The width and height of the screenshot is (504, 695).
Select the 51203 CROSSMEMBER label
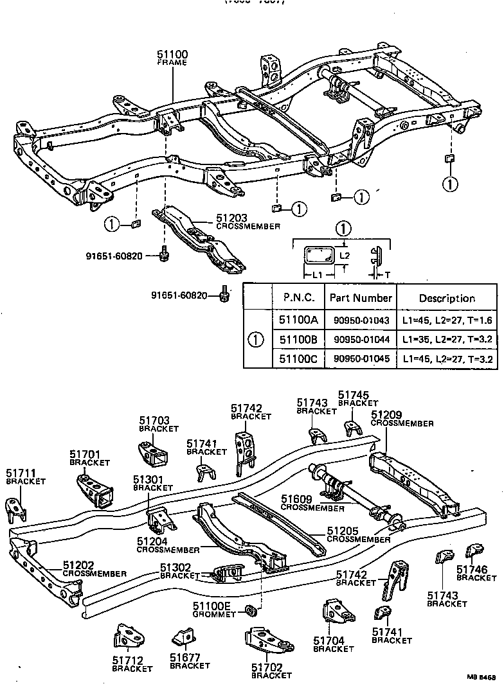[239, 222]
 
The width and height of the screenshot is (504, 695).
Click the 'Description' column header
[447, 298]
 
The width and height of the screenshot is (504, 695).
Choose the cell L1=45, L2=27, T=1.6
[447, 319]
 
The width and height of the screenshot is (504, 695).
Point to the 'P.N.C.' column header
[298, 298]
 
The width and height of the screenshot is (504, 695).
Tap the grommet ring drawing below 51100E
[253, 608]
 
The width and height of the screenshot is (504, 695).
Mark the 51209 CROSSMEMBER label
[402, 419]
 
